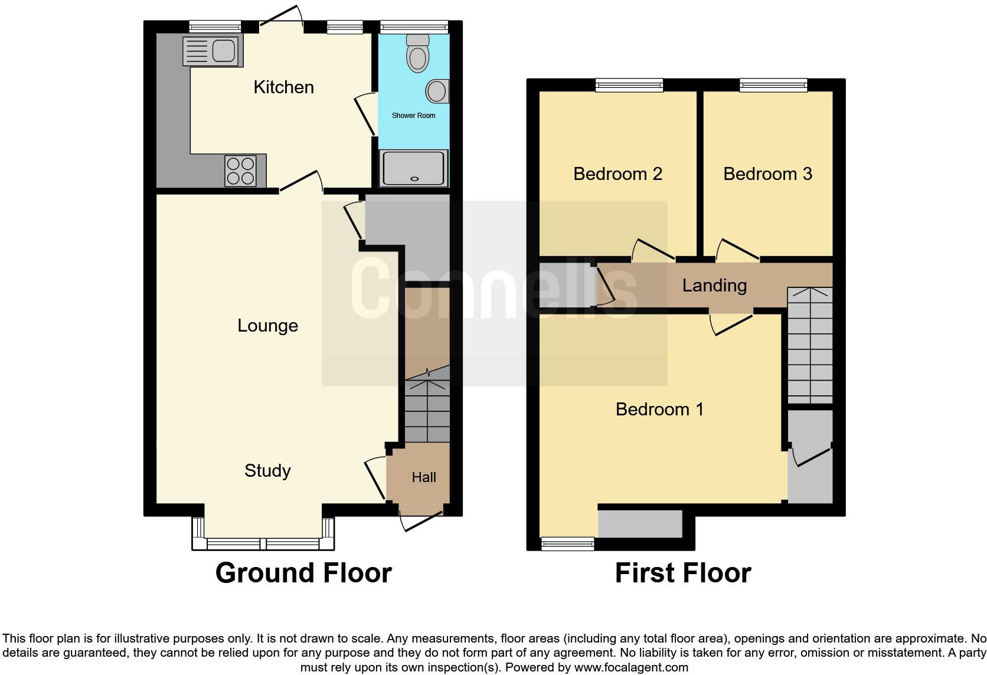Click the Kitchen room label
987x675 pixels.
283,87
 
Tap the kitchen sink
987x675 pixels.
210,51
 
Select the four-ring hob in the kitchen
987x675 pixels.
241,171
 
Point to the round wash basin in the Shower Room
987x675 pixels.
437,91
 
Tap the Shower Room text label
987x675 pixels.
413,116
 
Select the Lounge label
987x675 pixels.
267,326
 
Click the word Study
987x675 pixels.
267,471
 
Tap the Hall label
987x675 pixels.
424,477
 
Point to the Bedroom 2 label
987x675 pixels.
617,174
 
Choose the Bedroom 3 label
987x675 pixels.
767,174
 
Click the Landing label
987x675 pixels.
714,286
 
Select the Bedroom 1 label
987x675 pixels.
659,409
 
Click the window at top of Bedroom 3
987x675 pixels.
773,86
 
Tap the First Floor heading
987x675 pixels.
683,573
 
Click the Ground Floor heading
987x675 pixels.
303,573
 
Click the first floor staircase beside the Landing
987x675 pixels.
810,345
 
